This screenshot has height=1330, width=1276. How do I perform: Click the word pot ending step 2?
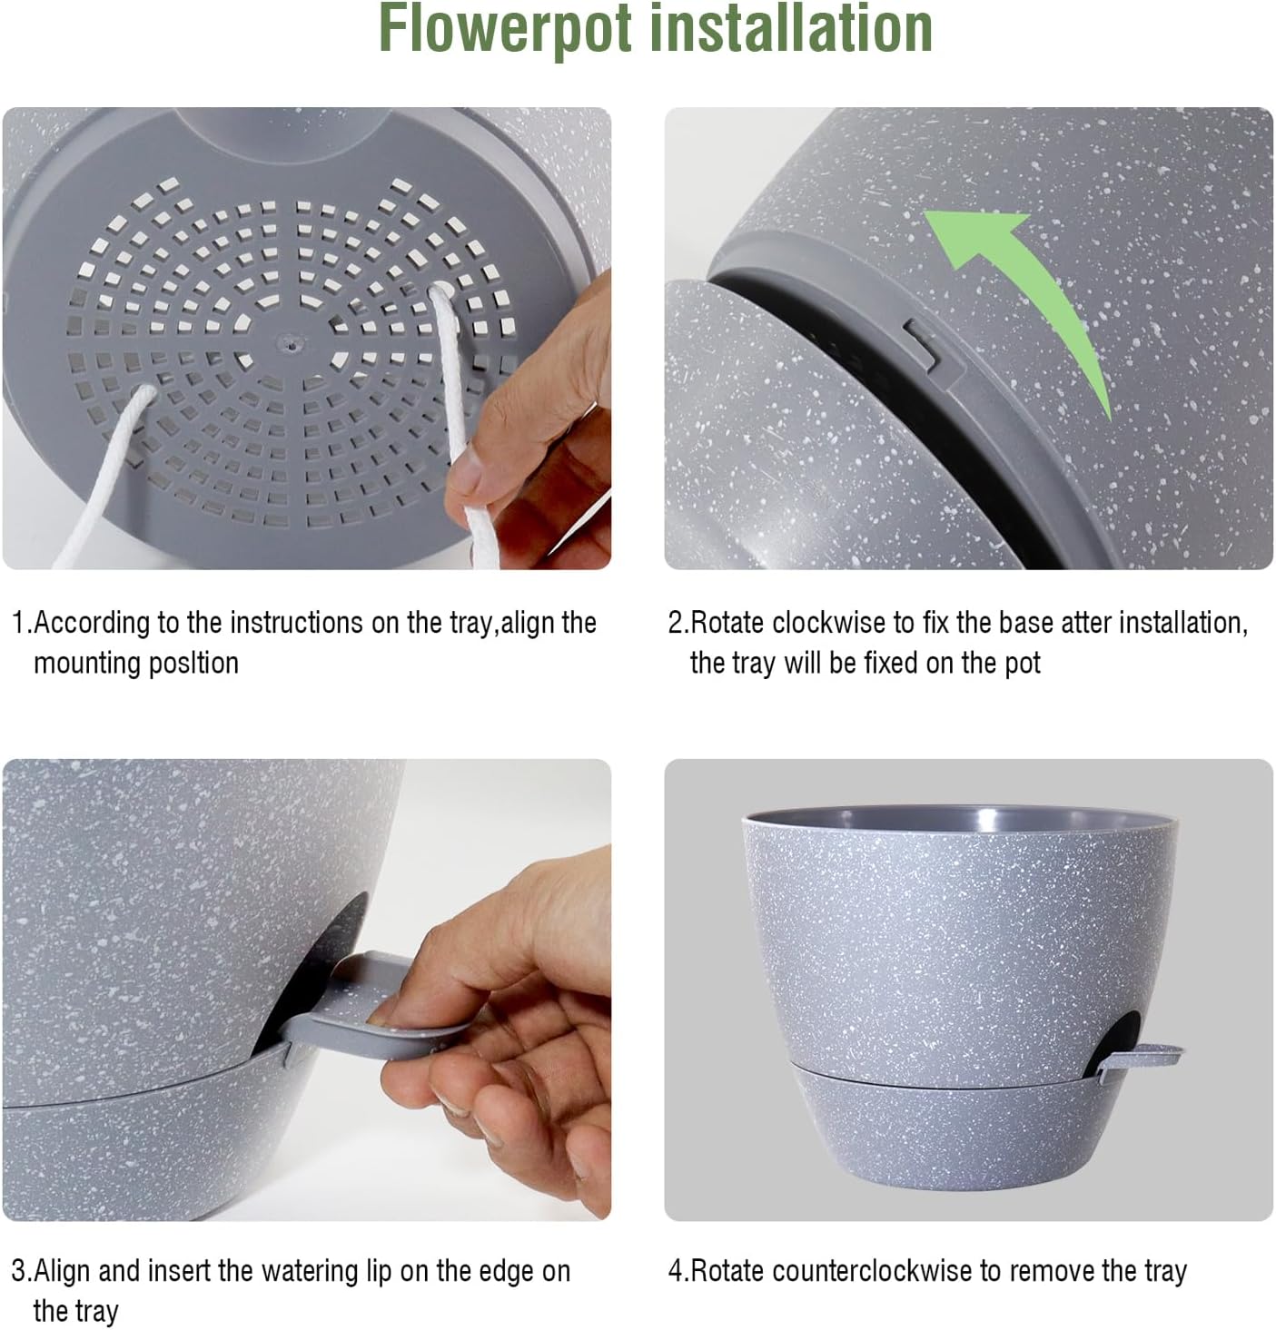tap(1022, 664)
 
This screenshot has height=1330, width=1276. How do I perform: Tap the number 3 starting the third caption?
tap(18, 1272)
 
